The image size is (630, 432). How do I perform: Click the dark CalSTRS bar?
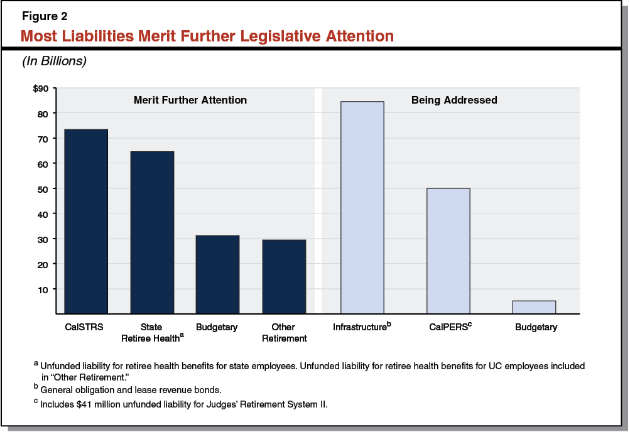coord(86,221)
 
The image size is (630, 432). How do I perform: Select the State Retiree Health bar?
coord(152,232)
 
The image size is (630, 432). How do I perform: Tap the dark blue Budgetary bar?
coord(217,274)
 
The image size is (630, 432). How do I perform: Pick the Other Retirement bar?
coord(283,276)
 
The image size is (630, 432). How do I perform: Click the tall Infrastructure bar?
coord(362,207)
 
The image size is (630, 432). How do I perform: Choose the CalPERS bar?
coord(448,251)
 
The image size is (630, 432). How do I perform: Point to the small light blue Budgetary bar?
coord(534,307)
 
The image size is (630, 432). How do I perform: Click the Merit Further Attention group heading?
coord(190,100)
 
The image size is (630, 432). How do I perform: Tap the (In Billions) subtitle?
coord(54,62)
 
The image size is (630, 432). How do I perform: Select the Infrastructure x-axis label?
coord(361,327)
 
